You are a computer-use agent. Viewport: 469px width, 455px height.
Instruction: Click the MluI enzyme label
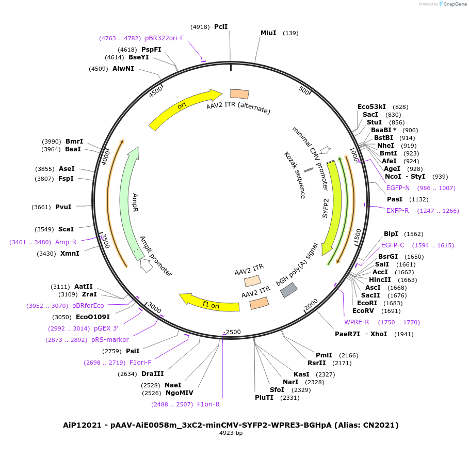[x=268, y=33]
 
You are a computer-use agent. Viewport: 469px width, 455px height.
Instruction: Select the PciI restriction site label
[x=221, y=26]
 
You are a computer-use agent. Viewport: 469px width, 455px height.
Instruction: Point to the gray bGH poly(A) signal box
[x=288, y=290]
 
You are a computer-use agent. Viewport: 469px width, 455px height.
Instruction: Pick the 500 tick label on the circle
[x=304, y=91]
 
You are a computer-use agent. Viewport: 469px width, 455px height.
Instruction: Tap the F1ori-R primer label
[x=208, y=404]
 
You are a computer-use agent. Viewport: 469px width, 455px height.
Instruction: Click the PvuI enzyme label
[x=63, y=207]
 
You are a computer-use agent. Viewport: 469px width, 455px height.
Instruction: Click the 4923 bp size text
[x=231, y=433]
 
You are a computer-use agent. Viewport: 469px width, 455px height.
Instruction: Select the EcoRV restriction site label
[x=363, y=311]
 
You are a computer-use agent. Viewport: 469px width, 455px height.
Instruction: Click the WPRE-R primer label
[x=357, y=322]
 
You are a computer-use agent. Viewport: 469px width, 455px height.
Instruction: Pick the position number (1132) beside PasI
[x=419, y=199]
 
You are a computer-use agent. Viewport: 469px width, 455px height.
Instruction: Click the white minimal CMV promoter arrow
[x=325, y=150]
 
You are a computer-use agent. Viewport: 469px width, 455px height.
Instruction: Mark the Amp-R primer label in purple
[x=66, y=242]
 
